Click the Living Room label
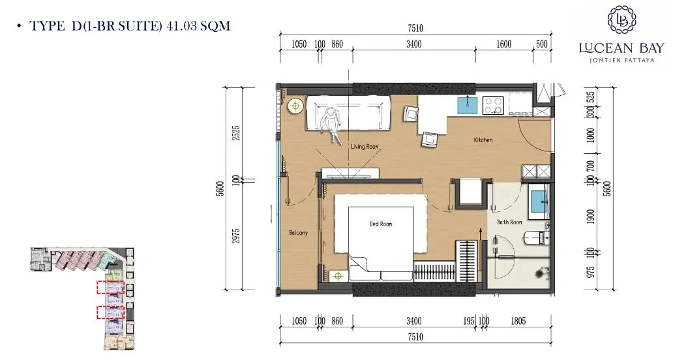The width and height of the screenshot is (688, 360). (364, 147)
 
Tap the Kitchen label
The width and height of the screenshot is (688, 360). (483, 140)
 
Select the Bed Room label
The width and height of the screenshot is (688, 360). (381, 224)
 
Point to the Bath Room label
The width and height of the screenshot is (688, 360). (509, 222)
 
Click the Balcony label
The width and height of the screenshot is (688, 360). (299, 233)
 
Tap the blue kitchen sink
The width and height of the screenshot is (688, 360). (468, 106)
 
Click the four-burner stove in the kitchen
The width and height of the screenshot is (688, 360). (493, 106)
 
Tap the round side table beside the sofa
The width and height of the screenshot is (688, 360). (295, 106)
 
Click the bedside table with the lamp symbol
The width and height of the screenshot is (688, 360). (338, 276)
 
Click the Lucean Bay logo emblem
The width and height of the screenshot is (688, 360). (621, 20)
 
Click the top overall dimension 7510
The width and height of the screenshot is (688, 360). (415, 28)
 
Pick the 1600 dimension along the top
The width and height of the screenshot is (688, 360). (503, 44)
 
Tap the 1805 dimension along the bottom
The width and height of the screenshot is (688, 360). (518, 322)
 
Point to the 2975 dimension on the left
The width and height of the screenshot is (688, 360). (236, 236)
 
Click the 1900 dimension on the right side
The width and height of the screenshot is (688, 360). (591, 217)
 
